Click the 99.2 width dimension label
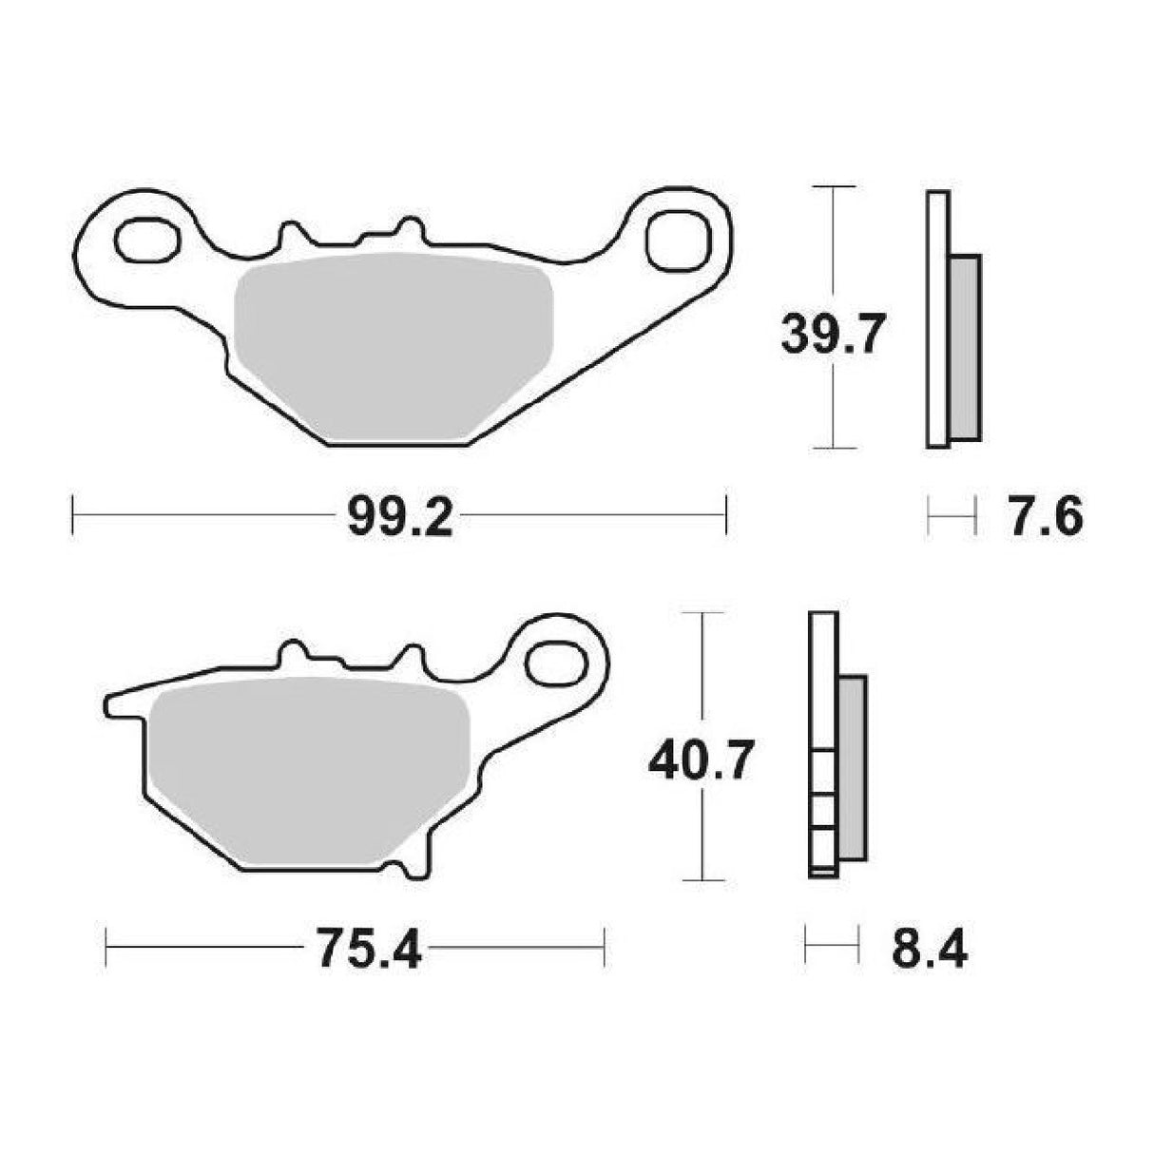399,519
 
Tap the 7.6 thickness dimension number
1043,519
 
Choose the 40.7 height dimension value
702,761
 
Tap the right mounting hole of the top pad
677,241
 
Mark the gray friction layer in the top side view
964,348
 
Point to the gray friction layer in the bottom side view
852,768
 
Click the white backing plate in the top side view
937,319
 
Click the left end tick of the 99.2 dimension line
74,516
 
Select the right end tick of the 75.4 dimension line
604,947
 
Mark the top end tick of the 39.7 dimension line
833,187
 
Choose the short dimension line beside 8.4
833,947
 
